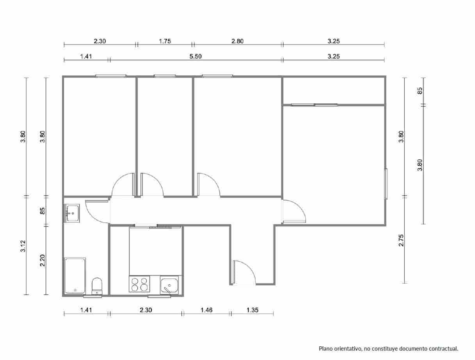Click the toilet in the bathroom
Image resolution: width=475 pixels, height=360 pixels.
coord(96,286)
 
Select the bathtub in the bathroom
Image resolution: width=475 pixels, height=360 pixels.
coord(75,275)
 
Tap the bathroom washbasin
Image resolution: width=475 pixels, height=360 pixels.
coord(72,213)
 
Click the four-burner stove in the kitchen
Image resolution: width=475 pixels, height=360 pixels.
coord(139,284)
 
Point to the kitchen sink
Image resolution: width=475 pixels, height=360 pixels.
coord(169,284)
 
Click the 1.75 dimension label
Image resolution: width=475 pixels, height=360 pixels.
coord(165,41)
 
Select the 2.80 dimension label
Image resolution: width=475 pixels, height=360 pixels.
coord(237,41)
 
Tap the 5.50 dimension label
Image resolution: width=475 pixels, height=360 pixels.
coord(195,56)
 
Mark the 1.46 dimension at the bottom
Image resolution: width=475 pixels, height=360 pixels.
coord(206,310)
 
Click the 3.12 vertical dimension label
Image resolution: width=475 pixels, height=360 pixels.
coord(23,246)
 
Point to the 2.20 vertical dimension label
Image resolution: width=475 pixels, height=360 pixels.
coord(43,260)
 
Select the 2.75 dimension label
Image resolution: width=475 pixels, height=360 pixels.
coord(401,240)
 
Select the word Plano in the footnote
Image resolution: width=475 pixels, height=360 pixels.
coord(326,348)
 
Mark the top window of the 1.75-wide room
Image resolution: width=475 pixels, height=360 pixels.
coord(164,76)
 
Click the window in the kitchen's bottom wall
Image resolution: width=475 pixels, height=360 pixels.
coord(159,296)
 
